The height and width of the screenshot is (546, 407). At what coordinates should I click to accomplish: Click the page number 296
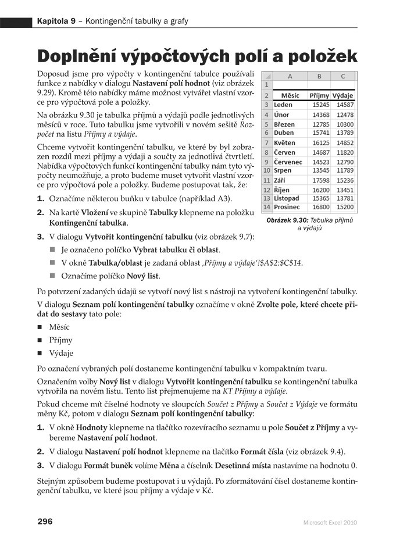pyautogui.click(x=45, y=522)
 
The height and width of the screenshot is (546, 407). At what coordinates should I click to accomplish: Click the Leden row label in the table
pyautogui.click(x=283, y=105)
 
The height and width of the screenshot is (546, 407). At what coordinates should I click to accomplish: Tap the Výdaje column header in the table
pyautogui.click(x=343, y=95)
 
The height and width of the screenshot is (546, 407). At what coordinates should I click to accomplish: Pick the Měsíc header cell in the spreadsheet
pyautogui.click(x=290, y=95)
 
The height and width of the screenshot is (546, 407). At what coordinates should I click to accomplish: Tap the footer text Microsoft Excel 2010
pyautogui.click(x=330, y=523)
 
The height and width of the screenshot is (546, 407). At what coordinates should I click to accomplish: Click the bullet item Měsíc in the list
pyautogui.click(x=59, y=327)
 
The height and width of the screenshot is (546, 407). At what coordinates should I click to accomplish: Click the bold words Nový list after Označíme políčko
pyautogui.click(x=143, y=276)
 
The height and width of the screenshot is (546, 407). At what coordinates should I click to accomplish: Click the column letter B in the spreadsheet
pyautogui.click(x=319, y=76)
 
